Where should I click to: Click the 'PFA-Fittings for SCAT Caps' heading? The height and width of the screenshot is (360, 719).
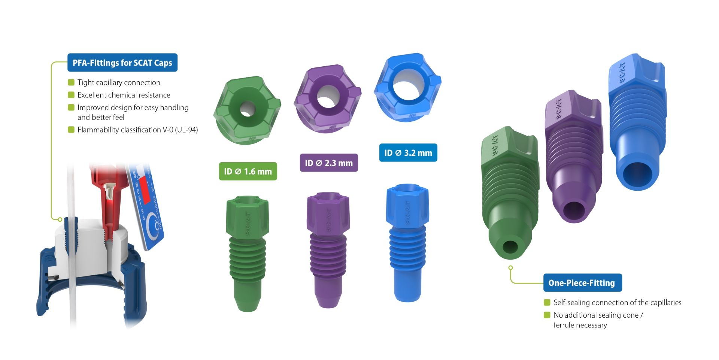122,63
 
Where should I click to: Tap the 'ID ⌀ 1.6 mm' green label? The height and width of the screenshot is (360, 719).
248,171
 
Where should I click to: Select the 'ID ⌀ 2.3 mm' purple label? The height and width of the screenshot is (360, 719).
328,163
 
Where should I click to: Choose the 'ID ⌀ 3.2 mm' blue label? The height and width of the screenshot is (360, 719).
408,153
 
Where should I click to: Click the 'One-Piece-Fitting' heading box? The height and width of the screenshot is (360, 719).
582,283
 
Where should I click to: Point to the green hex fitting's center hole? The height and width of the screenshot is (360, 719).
247,109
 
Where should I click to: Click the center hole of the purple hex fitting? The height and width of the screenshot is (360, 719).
328,97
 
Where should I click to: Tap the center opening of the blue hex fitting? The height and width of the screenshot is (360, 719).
406,87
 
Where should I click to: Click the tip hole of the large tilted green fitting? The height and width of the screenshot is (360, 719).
510,247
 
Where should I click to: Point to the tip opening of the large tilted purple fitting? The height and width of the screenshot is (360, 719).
574,211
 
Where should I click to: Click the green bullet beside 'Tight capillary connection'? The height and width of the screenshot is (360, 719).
71,82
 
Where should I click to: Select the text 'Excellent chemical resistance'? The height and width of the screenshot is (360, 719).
124,95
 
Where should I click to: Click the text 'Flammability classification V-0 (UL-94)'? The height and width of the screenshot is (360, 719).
137,130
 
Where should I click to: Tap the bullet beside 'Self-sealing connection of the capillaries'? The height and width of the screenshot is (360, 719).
547,302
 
